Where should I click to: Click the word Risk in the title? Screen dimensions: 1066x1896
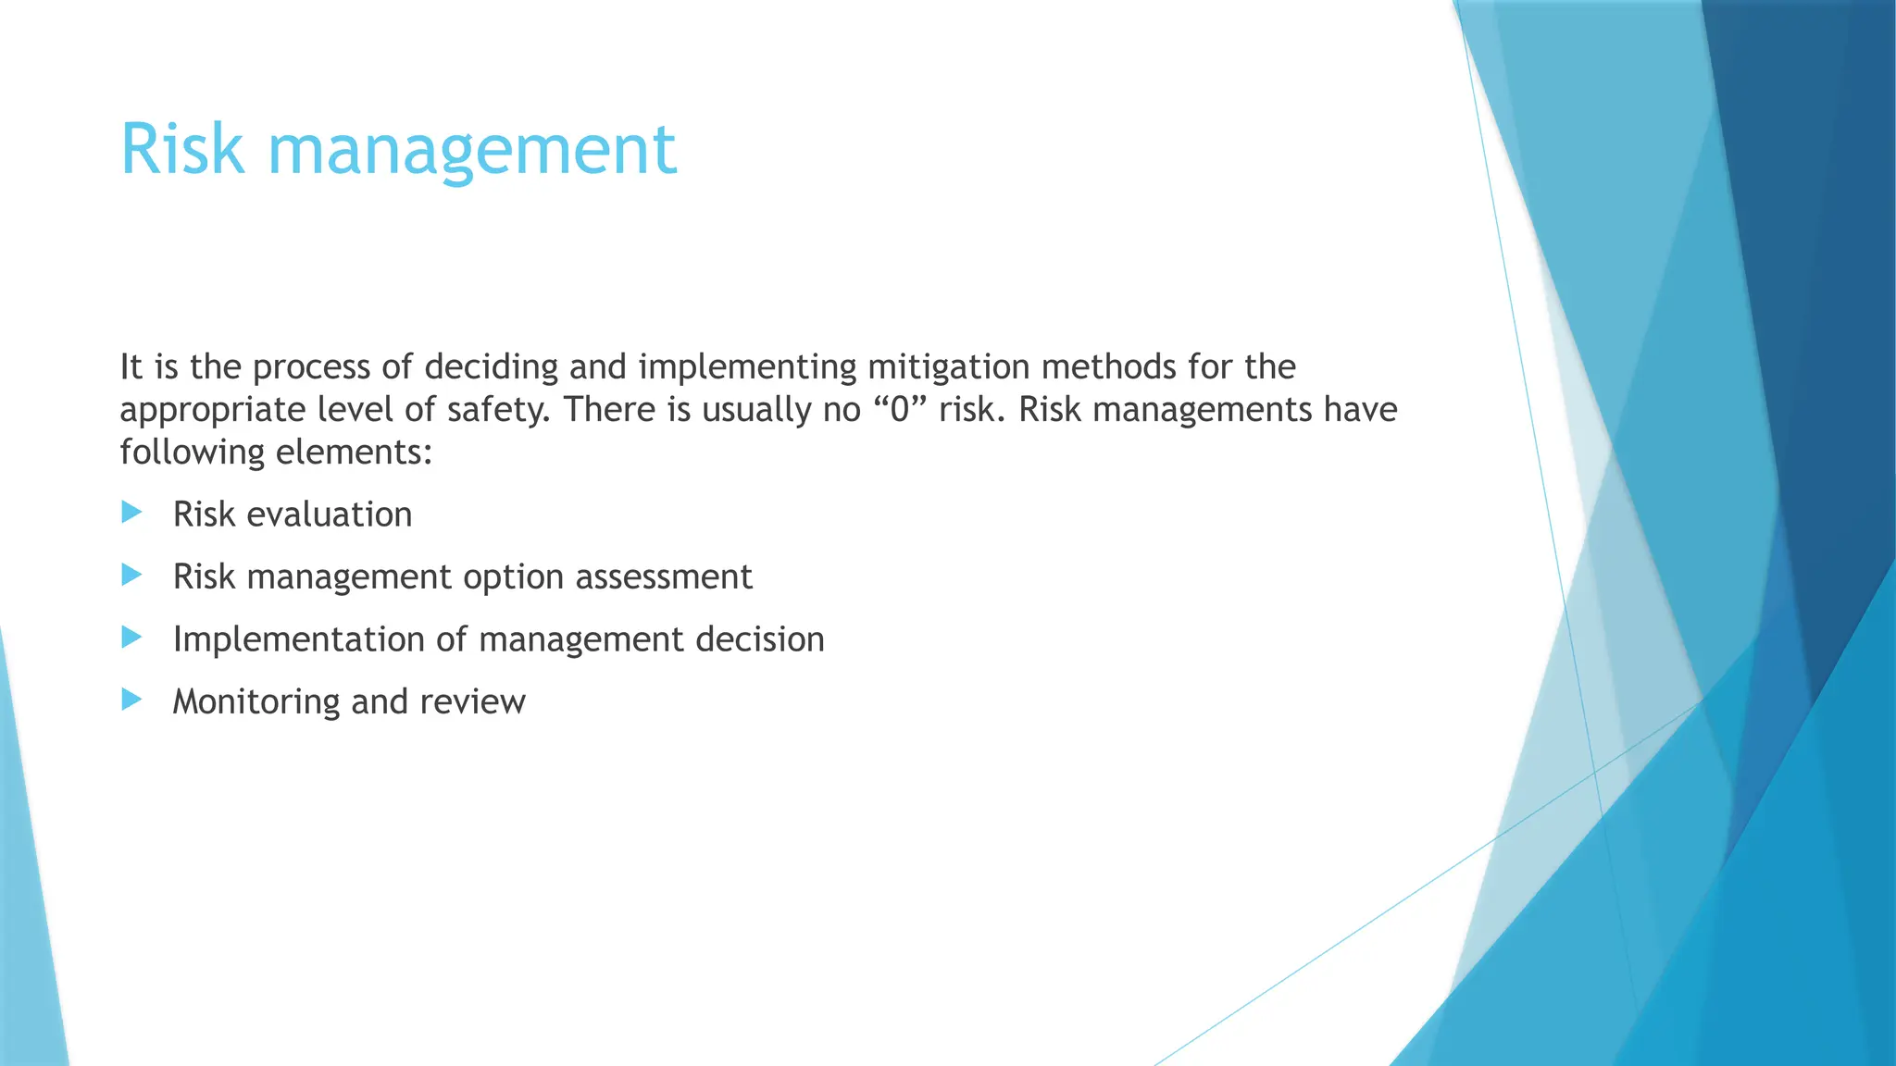[x=182, y=149]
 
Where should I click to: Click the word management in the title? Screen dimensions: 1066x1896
[x=472, y=151]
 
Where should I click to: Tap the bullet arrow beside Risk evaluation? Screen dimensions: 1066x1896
[x=131, y=513]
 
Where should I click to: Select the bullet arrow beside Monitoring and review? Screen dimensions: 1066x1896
[x=131, y=700]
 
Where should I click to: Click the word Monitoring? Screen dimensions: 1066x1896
[x=256, y=702]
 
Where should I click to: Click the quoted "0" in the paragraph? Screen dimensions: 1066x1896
[x=899, y=409]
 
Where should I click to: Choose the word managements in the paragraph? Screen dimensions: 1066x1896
[x=1202, y=410]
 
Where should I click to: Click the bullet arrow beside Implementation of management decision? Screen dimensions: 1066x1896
[x=131, y=638]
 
